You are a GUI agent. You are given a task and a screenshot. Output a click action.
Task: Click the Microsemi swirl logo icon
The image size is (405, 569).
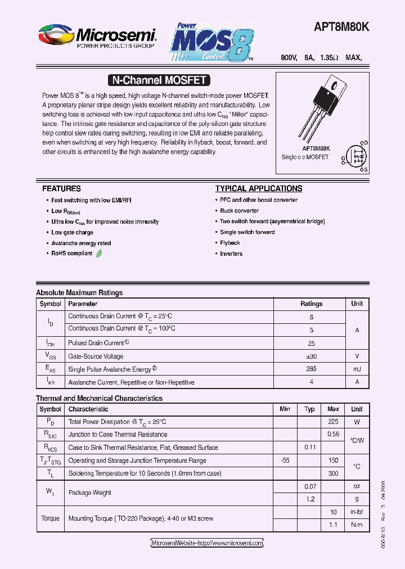[56, 35]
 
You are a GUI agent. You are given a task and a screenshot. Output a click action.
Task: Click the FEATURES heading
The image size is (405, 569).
[61, 189]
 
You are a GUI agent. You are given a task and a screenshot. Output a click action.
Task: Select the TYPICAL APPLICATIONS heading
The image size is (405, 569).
[259, 189]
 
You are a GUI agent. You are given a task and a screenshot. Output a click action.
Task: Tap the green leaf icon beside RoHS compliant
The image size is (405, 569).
[99, 254]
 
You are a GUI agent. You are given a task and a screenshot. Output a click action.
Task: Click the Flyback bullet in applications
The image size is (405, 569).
[229, 243]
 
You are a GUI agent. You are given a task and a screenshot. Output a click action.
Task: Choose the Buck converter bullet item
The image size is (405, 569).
[239, 211]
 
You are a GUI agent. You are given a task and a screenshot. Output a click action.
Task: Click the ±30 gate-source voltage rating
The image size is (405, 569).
[311, 356]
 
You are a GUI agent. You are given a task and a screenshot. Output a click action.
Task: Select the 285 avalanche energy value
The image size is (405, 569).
[311, 369]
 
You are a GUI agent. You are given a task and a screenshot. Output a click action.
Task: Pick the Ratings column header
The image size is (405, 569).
[311, 304]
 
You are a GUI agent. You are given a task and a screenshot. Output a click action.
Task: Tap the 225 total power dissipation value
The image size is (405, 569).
[333, 422]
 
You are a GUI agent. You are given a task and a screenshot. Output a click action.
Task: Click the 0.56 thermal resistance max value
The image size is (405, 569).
[333, 435]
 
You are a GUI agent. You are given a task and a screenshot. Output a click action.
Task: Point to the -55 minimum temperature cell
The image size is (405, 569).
[285, 460]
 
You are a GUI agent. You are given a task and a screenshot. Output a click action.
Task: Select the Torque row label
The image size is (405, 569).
[50, 518]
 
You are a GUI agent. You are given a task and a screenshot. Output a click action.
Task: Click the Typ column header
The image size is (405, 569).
[309, 409]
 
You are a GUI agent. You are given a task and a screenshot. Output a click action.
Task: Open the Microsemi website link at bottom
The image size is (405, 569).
[207, 543]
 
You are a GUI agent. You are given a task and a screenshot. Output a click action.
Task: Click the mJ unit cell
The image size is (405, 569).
[357, 369]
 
